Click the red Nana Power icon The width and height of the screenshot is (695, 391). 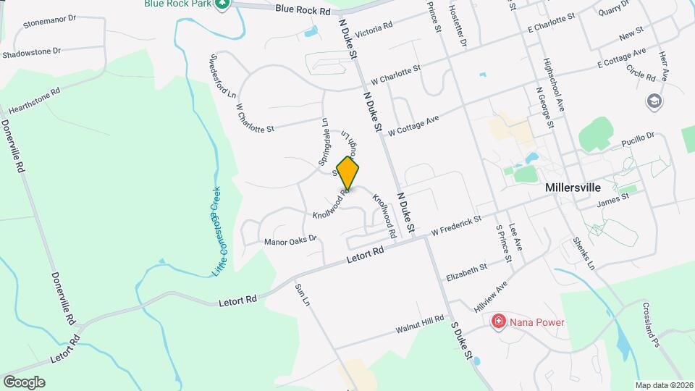498,321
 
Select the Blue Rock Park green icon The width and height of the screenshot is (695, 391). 223,4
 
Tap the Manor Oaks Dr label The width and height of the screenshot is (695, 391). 290,240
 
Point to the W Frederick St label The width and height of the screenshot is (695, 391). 455,225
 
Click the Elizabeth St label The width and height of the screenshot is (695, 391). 466,272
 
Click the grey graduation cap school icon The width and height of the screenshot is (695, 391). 654,101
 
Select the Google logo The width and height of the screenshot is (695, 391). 24,382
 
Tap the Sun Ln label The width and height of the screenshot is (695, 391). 303,294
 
